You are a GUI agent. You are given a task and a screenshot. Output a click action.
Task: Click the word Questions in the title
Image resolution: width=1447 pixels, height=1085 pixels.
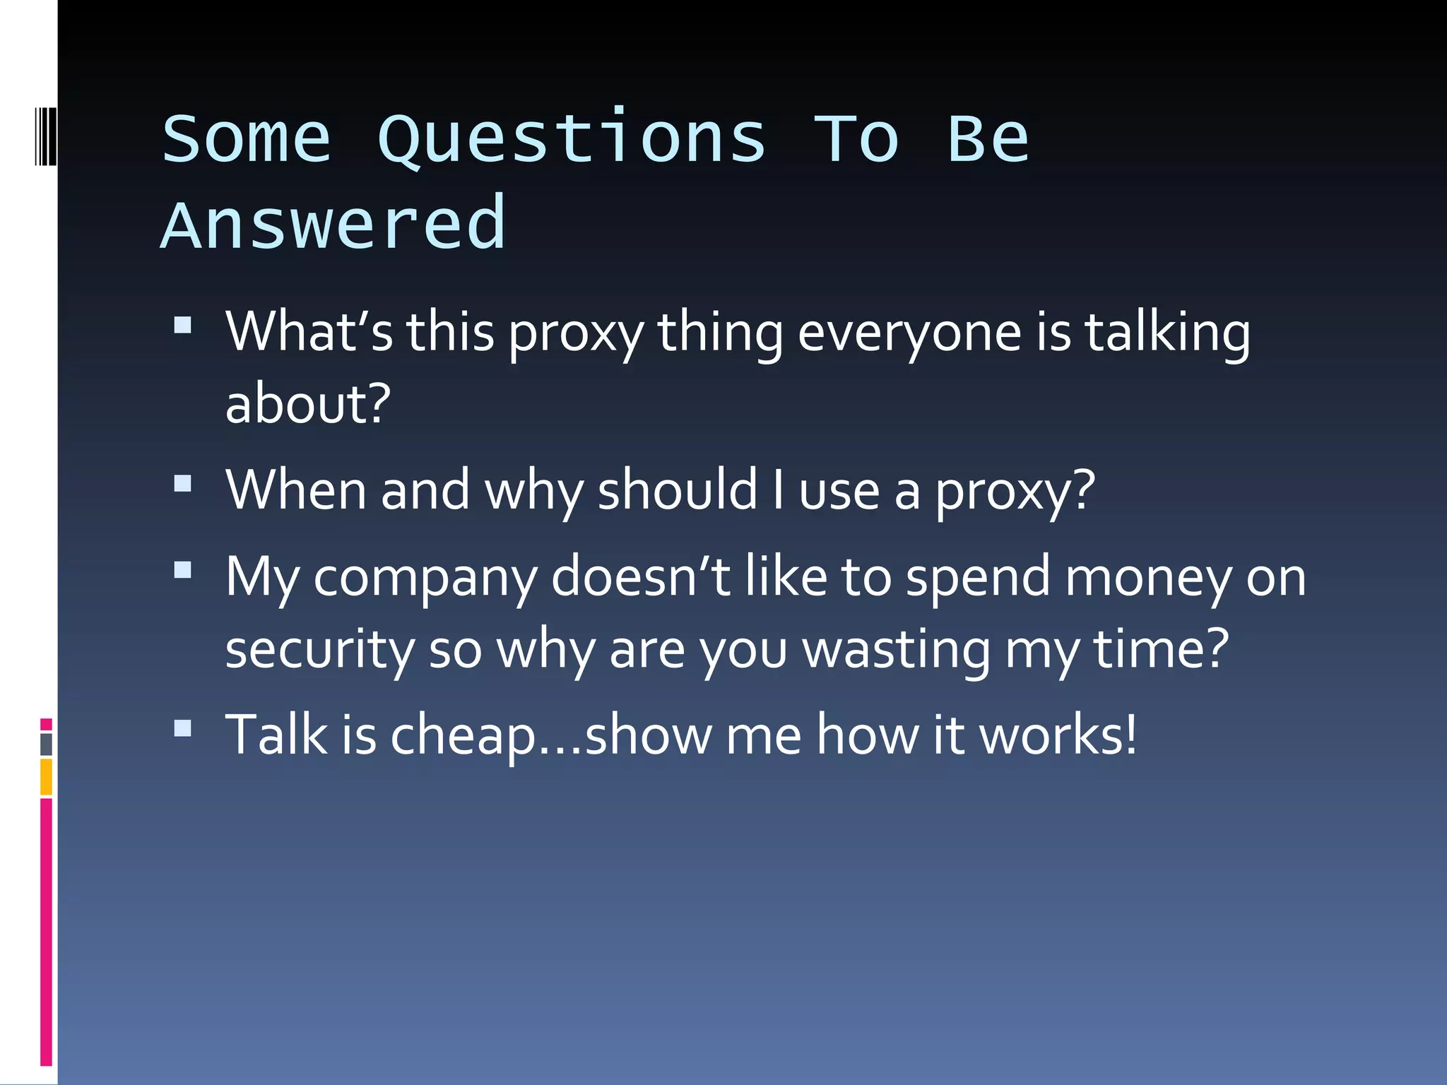571,139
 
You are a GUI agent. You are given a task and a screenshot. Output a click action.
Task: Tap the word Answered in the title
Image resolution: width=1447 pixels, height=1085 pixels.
333,225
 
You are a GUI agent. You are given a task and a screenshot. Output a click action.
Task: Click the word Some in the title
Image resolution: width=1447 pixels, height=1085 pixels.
247,139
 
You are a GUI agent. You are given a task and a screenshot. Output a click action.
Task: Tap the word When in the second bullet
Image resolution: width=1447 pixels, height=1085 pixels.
296,490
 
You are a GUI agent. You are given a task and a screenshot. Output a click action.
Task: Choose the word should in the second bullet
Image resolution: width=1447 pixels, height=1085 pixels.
677,490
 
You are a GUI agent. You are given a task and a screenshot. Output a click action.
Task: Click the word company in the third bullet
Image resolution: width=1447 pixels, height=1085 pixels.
425,577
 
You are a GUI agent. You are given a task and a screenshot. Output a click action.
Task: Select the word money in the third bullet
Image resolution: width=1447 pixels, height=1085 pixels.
1148,577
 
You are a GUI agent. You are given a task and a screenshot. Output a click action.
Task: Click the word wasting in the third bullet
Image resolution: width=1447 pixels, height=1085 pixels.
897,649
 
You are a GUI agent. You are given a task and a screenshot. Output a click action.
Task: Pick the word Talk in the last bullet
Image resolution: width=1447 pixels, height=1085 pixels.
276,735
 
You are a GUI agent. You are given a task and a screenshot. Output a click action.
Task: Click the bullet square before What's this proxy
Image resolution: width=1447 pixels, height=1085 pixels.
183,324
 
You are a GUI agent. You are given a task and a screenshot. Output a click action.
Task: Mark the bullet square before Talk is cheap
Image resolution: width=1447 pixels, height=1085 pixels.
183,728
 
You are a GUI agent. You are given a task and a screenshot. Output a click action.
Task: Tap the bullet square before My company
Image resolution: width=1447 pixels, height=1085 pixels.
183,569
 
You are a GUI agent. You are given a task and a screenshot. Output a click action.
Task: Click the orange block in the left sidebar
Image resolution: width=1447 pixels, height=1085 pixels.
46,776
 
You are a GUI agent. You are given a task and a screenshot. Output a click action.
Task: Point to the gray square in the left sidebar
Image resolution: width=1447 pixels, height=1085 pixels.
46,745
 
